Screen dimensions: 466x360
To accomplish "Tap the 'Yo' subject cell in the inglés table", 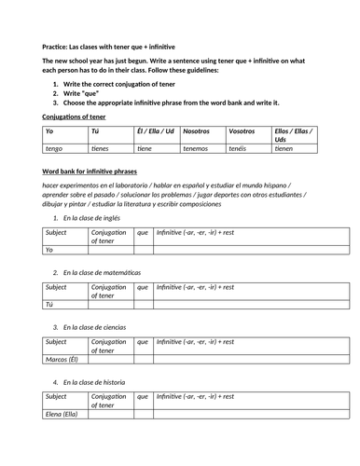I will point(49,250).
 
